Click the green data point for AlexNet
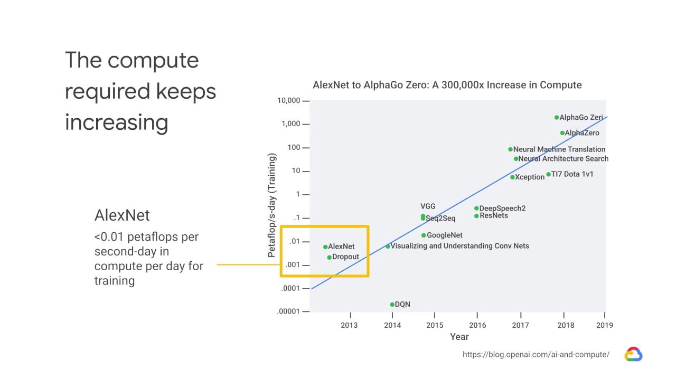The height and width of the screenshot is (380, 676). (x=325, y=247)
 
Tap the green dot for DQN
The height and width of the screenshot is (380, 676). (x=392, y=305)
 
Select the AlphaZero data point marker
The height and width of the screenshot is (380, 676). (x=562, y=133)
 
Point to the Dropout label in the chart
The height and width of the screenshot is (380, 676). (x=345, y=257)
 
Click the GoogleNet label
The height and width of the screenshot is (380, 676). (x=444, y=235)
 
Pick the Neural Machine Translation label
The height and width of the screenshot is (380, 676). (x=559, y=149)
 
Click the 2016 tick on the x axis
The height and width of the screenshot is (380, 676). (x=477, y=325)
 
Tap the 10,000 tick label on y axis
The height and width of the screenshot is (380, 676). (x=289, y=101)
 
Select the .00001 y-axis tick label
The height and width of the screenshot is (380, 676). (x=288, y=311)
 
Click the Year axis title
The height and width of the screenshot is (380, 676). (x=459, y=337)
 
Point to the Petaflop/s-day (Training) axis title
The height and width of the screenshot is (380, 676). (x=272, y=205)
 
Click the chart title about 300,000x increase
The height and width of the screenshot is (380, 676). (x=447, y=85)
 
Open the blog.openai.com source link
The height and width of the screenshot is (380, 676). (x=536, y=355)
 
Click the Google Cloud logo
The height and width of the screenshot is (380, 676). (x=633, y=354)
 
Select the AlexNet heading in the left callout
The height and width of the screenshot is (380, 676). (x=122, y=215)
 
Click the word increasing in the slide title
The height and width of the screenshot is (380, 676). (x=117, y=122)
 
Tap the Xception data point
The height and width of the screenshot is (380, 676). (x=512, y=177)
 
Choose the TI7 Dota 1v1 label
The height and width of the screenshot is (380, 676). (x=572, y=174)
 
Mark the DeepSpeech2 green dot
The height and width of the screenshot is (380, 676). (x=476, y=208)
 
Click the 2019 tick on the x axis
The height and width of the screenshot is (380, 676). (x=605, y=325)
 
